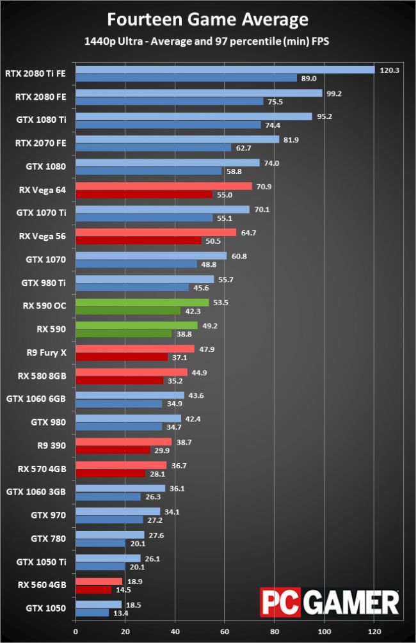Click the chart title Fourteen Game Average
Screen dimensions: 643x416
[x=207, y=20]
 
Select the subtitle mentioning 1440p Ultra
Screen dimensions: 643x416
[x=207, y=42]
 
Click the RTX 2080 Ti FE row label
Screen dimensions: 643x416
[x=35, y=74]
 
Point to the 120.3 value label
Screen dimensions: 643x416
[x=389, y=70]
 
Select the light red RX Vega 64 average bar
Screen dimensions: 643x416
[x=164, y=186]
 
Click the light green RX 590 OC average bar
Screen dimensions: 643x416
[x=142, y=303]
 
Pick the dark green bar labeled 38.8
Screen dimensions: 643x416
[x=124, y=333]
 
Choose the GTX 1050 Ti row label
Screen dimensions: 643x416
[x=42, y=562]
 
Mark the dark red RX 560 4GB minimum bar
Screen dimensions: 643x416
[x=93, y=589]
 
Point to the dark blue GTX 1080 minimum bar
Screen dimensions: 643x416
[x=148, y=171]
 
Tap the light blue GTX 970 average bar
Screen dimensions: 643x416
[x=118, y=511]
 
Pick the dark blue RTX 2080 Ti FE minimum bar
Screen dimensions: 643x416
[x=186, y=78]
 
